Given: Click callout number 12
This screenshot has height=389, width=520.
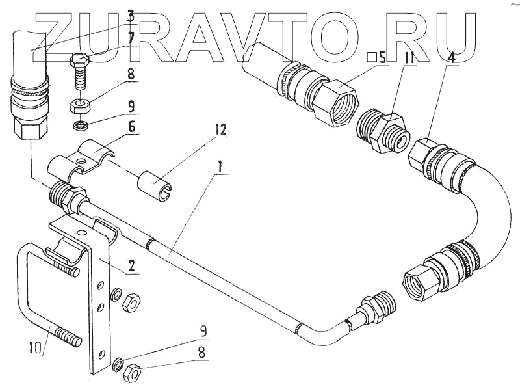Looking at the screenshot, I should tap(221, 129).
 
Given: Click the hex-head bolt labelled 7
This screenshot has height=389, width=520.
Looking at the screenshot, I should tap(78, 72).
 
